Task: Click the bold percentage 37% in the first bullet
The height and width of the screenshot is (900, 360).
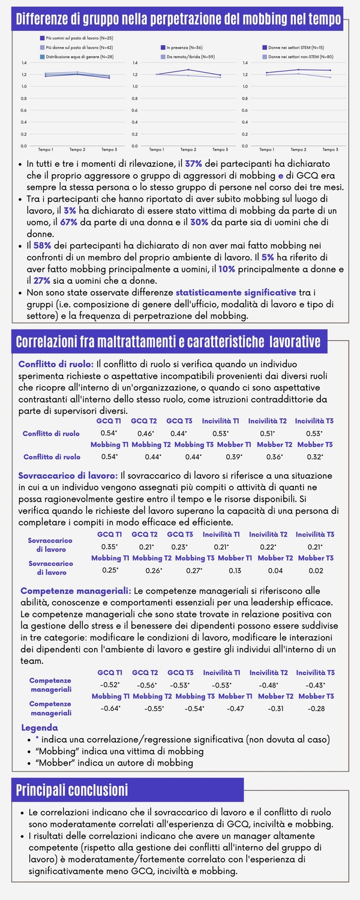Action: (194, 163)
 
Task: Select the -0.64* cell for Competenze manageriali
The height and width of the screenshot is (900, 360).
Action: (110, 708)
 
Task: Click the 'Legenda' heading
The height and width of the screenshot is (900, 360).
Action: (40, 727)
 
